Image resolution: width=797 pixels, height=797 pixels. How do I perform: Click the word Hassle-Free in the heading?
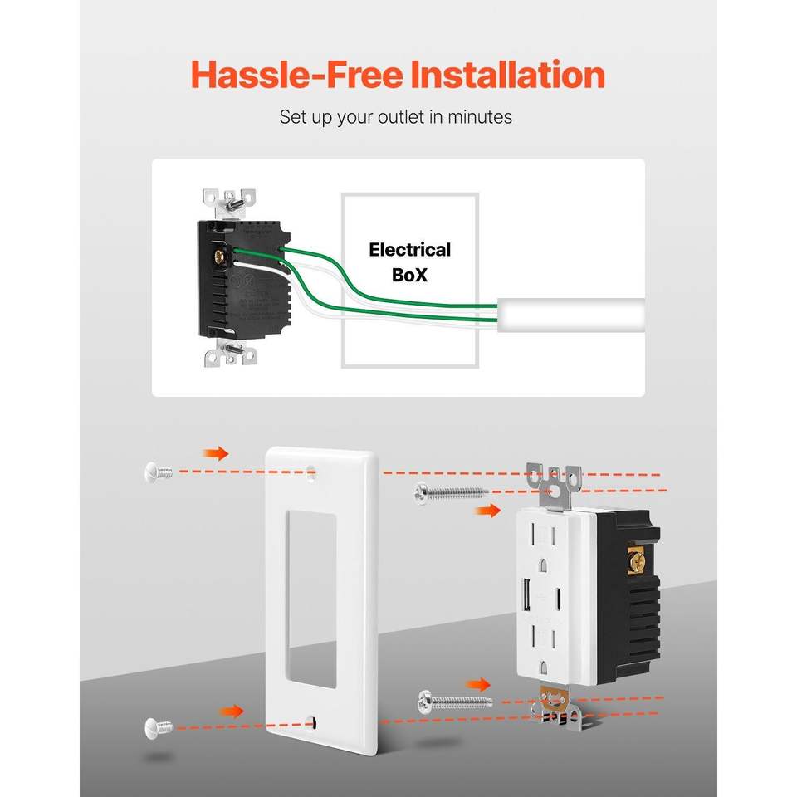[295, 75]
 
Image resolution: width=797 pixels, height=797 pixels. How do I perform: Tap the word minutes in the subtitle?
[479, 117]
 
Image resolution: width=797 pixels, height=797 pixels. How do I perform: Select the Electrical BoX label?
[409, 262]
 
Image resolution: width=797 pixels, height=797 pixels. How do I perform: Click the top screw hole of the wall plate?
[312, 474]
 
